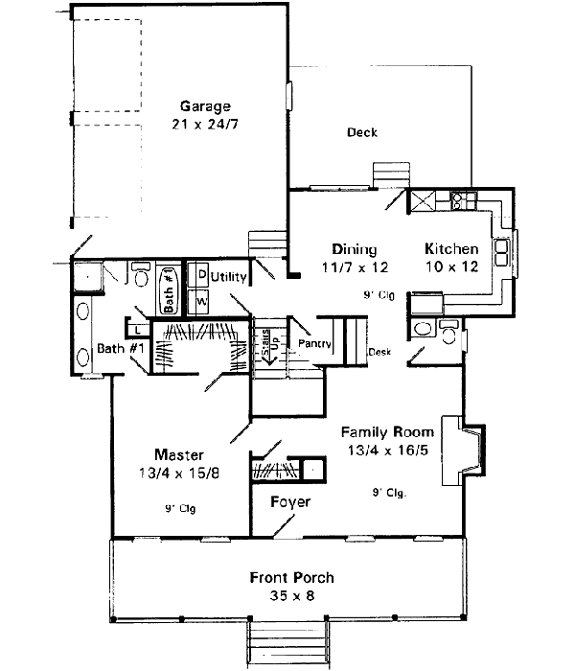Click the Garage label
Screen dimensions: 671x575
coord(201,106)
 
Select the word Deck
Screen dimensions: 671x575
coord(361,133)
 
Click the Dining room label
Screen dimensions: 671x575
coord(354,249)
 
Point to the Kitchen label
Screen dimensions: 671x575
coord(450,249)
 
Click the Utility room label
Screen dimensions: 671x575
coord(230,277)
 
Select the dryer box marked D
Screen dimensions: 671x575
coord(202,275)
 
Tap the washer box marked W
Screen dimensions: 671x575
coord(202,299)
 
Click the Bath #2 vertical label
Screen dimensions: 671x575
coord(169,289)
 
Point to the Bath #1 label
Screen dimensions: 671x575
coord(120,349)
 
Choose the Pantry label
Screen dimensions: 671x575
coord(314,343)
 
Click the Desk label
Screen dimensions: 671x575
coord(379,352)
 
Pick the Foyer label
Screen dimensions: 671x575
coord(288,501)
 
